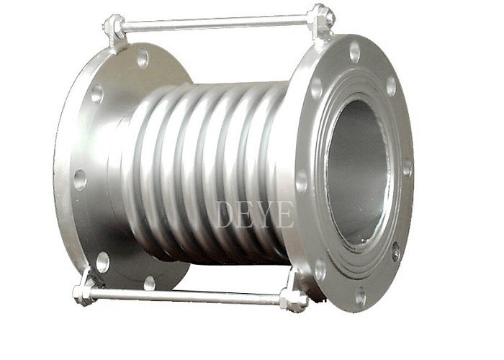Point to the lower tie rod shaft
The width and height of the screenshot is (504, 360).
[x=186, y=296]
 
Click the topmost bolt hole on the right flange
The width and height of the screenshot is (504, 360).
[x=354, y=51]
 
